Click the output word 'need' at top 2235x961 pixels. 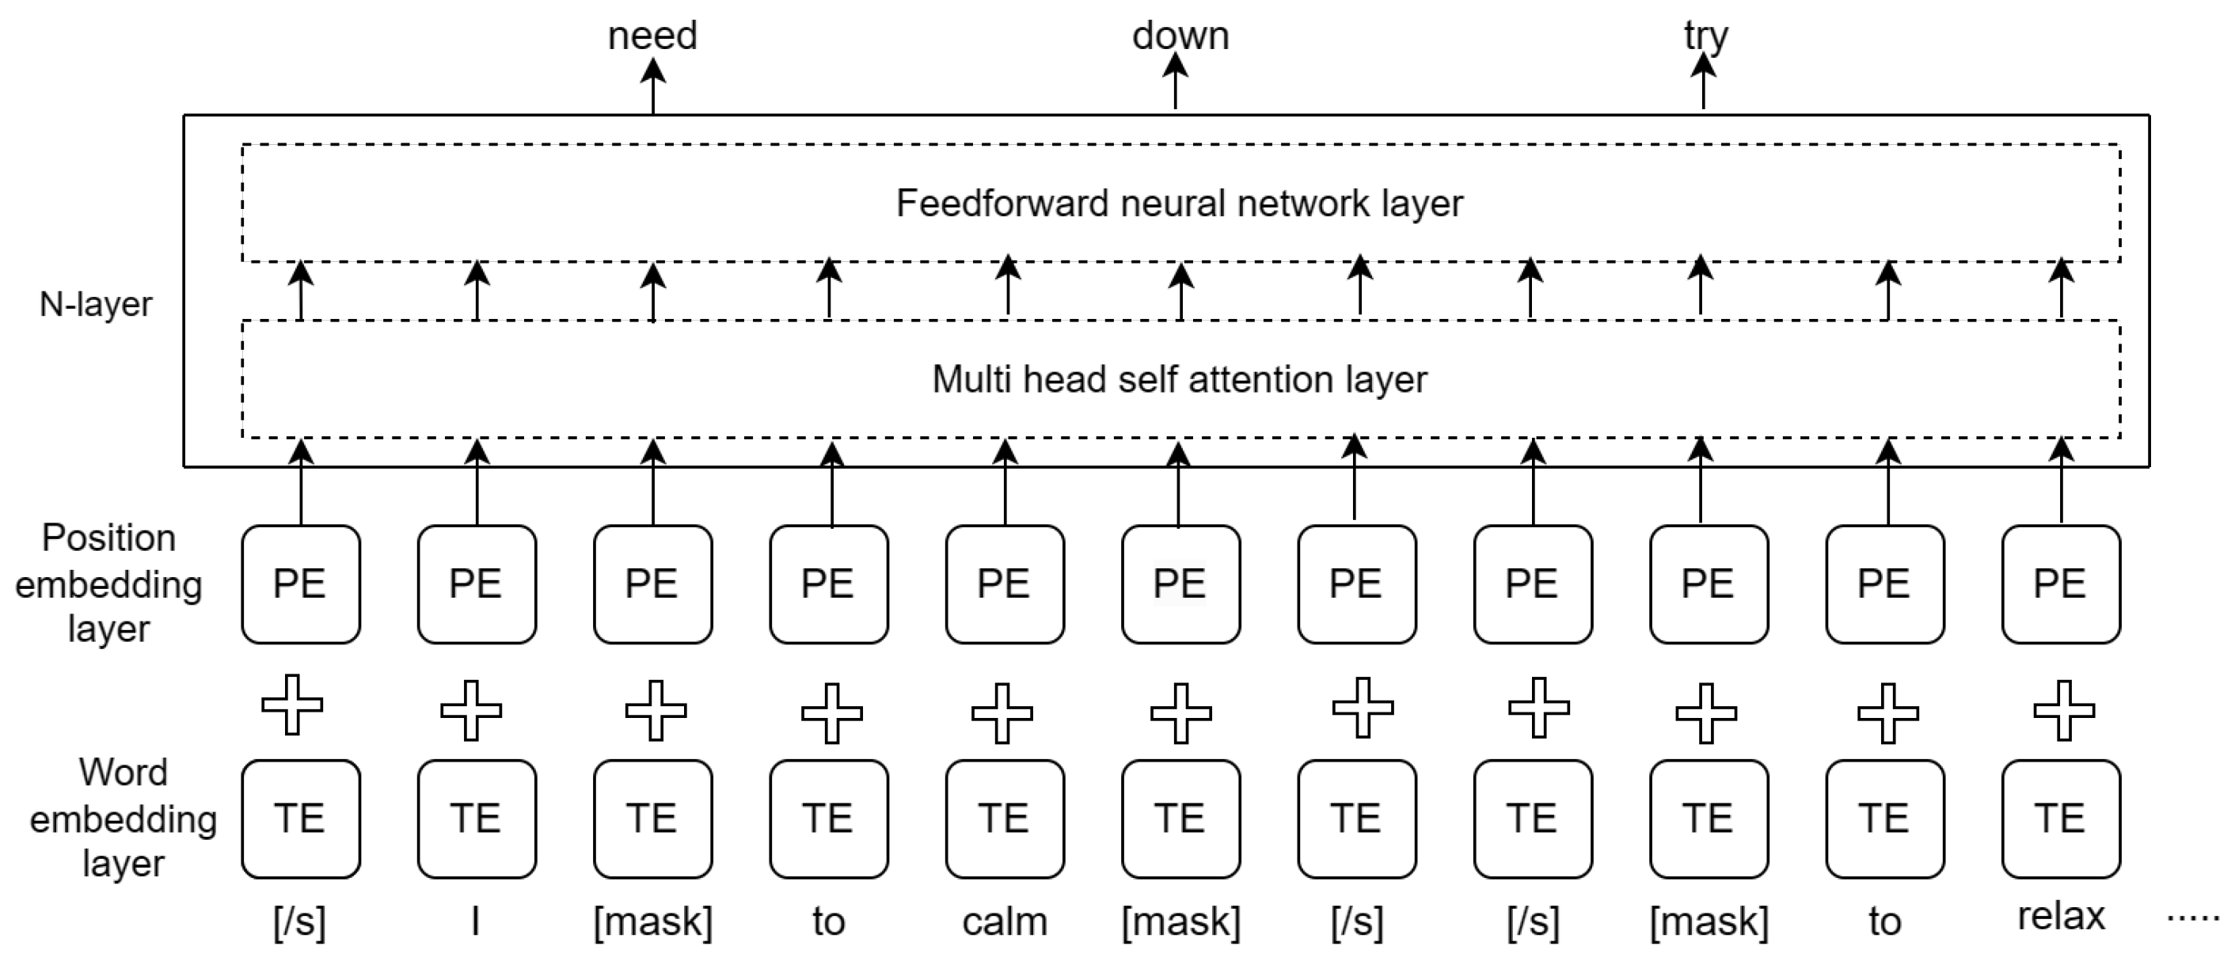coord(652,36)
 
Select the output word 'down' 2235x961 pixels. coord(1180,36)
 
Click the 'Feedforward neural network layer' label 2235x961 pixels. coord(1179,203)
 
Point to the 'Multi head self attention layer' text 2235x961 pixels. coord(1179,380)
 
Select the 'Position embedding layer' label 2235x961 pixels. coord(108,583)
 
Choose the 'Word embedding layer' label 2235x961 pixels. coord(123,818)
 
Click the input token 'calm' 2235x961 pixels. coord(1005,921)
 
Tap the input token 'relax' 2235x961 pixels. coord(2061,917)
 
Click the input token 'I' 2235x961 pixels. coord(476,921)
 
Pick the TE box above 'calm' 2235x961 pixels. coord(1005,819)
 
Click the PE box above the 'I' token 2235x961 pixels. coord(477,583)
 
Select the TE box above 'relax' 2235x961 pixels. coord(2061,819)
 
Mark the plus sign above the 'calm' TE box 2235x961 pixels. coord(1002,713)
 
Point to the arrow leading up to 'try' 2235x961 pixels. coord(1703,82)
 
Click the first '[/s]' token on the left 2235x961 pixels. coord(299,921)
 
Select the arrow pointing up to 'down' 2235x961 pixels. coord(1175,82)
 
